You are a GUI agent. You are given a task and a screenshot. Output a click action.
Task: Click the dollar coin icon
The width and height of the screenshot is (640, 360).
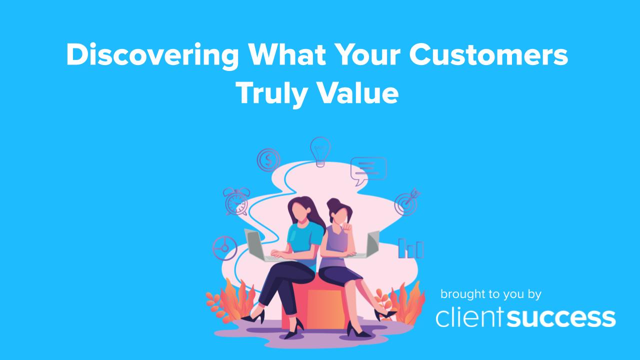pos(268,160)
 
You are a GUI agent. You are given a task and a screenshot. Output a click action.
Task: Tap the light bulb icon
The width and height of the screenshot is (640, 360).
pos(319,151)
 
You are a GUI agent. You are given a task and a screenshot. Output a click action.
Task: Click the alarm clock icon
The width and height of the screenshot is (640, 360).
pos(236,201)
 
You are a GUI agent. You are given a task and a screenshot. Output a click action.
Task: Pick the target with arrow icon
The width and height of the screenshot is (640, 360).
pos(406,202)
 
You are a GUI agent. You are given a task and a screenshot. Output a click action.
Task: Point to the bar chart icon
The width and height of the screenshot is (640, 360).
pos(410,248)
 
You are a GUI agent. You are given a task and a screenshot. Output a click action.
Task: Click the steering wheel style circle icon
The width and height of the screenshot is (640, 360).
pos(224,248)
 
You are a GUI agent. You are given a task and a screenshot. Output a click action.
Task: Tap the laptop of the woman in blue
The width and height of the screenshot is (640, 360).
pos(257,245)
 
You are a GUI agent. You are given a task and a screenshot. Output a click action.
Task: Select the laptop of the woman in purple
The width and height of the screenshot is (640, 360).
pos(371,245)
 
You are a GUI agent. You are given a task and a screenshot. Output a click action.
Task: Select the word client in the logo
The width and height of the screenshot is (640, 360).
pos(470,318)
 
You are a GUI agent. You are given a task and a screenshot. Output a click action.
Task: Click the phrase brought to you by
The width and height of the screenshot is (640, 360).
pos(490,294)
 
